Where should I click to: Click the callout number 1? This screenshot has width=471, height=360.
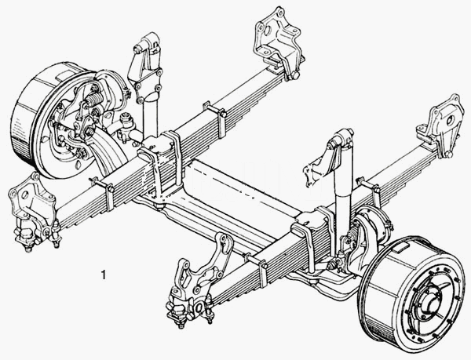click(x=104, y=275)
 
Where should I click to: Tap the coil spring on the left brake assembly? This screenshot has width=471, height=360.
click(x=94, y=98)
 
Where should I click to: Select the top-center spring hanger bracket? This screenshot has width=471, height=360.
click(x=278, y=42)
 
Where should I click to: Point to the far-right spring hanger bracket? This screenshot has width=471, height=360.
click(x=440, y=126)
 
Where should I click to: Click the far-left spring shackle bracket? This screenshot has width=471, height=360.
click(x=34, y=210)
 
